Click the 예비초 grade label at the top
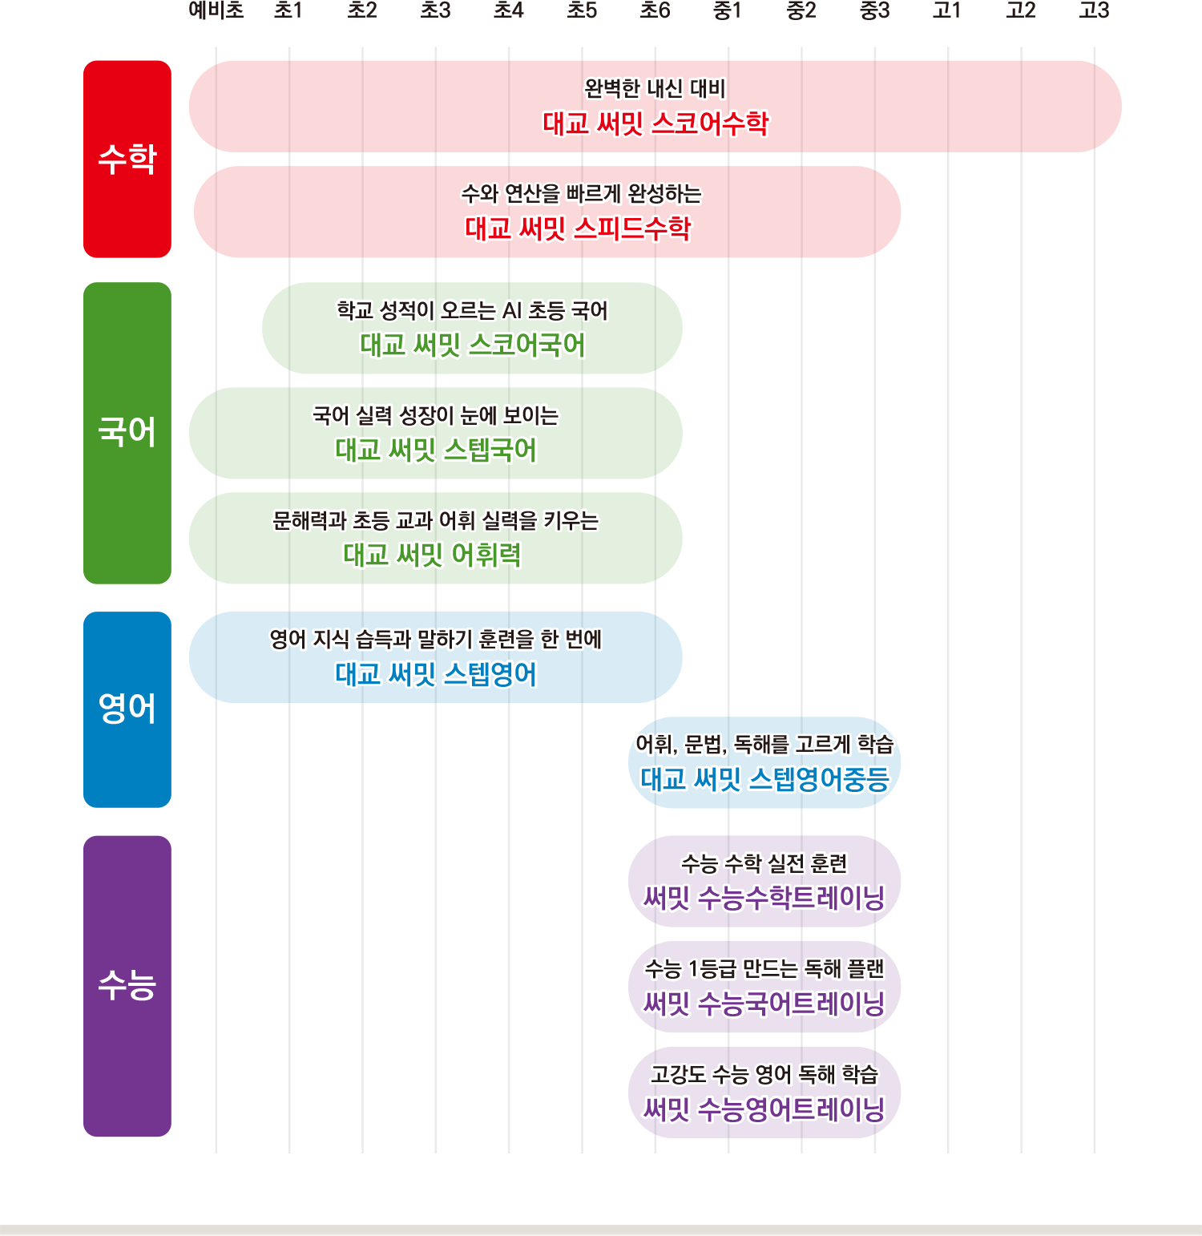point(216,10)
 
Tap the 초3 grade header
point(435,10)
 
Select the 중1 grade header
point(728,10)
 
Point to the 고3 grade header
point(1094,10)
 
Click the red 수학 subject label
point(127,159)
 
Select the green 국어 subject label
point(127,432)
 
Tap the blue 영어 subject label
point(127,709)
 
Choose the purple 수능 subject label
point(127,985)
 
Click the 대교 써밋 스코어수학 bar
point(655,123)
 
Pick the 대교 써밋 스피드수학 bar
point(577,229)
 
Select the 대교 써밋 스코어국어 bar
point(472,345)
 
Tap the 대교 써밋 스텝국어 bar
point(435,450)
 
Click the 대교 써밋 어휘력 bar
point(432,555)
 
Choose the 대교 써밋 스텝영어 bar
point(435,674)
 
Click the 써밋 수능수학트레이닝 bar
point(764,898)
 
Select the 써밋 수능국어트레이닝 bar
point(764,1003)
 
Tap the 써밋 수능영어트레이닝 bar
point(764,1109)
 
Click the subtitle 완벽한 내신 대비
point(655,88)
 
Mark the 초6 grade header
point(655,10)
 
